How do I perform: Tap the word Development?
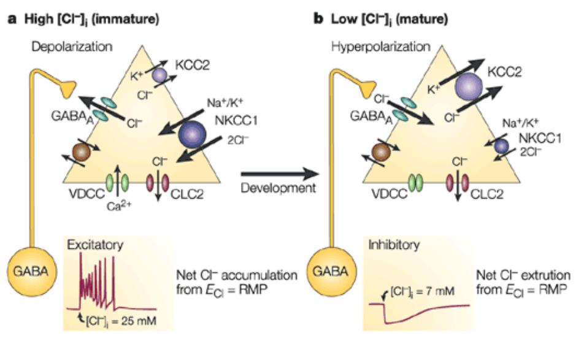point(278,188)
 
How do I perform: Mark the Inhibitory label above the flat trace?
point(393,245)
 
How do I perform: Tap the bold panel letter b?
point(318,20)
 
